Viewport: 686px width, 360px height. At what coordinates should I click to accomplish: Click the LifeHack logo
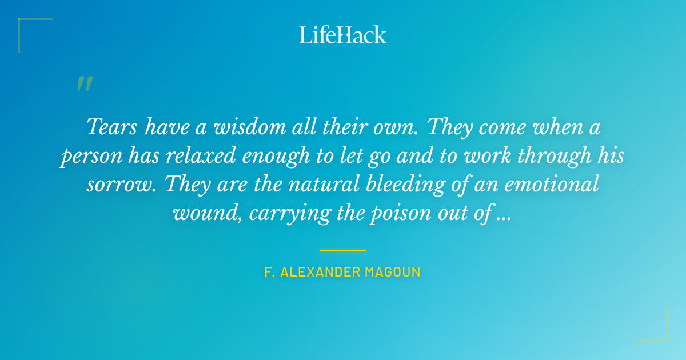(342, 35)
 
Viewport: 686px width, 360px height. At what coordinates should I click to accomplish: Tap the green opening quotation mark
(84, 84)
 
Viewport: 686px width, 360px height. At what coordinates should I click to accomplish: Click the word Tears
(112, 126)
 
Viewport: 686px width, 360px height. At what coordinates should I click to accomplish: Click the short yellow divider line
(342, 250)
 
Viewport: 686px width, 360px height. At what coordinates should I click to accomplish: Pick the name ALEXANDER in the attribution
(320, 272)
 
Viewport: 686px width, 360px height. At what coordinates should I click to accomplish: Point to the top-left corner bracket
(26, 26)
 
